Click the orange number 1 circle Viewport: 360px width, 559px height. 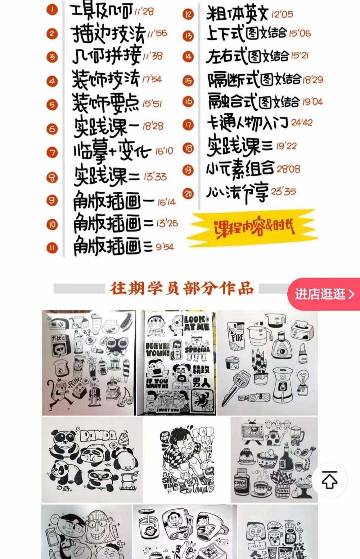[x=52, y=10]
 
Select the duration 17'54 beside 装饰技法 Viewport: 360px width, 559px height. [x=152, y=79]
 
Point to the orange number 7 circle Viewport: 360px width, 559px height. [x=52, y=153]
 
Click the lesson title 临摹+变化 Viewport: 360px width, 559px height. [x=112, y=152]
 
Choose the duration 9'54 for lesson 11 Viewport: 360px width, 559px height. [x=165, y=247]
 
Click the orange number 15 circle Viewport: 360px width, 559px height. [x=188, y=80]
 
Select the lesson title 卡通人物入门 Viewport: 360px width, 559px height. [x=247, y=123]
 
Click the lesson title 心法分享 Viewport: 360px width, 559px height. [x=237, y=193]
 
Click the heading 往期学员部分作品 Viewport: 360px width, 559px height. [x=181, y=289]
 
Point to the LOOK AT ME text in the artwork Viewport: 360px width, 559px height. [x=197, y=323]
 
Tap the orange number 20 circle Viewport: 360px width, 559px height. [x=188, y=193]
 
